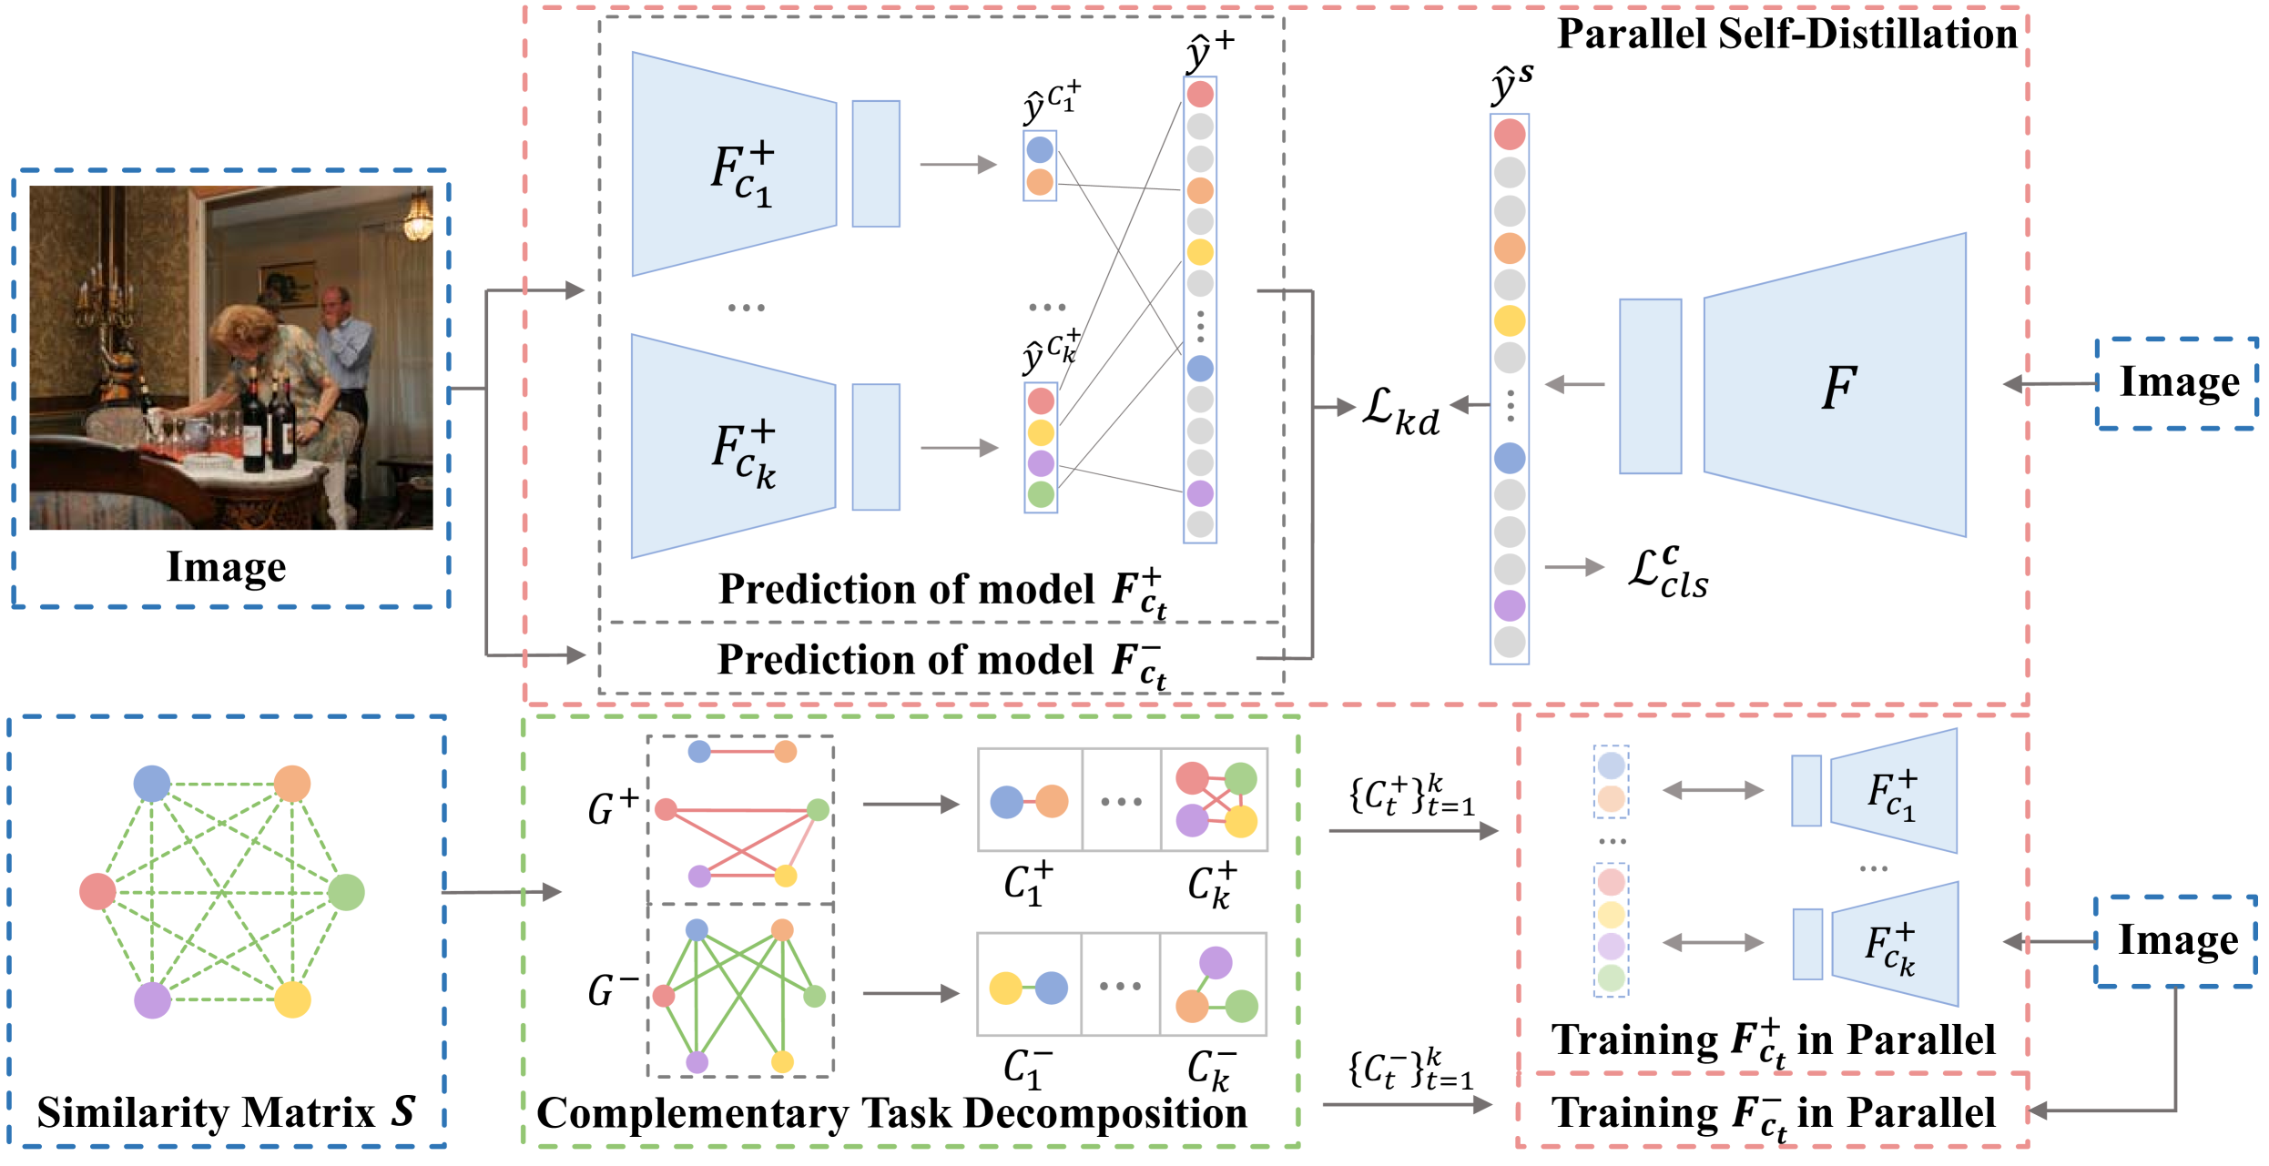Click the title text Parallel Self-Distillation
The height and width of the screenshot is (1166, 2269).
coord(1786,35)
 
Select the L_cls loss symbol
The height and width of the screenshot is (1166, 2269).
coord(1668,573)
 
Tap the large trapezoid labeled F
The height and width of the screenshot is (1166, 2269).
coord(1835,386)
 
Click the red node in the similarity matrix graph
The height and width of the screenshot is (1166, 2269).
coord(97,891)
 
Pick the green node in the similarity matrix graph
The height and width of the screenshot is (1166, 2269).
coord(346,892)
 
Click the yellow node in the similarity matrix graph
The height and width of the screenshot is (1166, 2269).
coord(292,999)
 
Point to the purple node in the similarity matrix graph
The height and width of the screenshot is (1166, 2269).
coord(152,1000)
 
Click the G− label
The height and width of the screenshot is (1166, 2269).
coord(612,990)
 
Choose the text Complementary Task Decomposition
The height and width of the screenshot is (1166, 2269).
coord(891,1113)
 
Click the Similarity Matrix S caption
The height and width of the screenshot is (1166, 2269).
coord(226,1112)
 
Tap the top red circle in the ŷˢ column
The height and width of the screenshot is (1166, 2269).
coord(1510,135)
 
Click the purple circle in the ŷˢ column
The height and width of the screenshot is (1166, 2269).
coord(1510,605)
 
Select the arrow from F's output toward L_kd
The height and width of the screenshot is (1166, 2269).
coord(1575,385)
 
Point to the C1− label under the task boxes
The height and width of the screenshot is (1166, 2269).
coord(1028,1069)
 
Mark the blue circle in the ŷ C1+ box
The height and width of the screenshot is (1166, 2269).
coord(1040,150)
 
